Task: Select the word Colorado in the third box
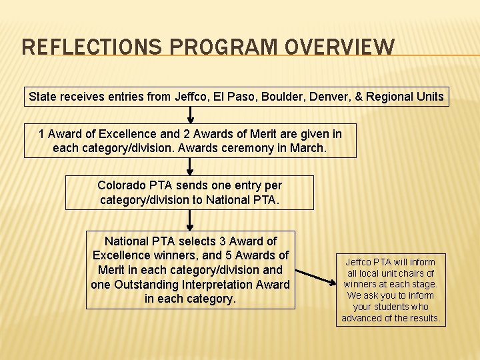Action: [121, 185]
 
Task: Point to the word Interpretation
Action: [215, 285]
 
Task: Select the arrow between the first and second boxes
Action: [190, 115]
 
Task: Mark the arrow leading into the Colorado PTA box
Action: [190, 167]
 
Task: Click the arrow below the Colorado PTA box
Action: [190, 220]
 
